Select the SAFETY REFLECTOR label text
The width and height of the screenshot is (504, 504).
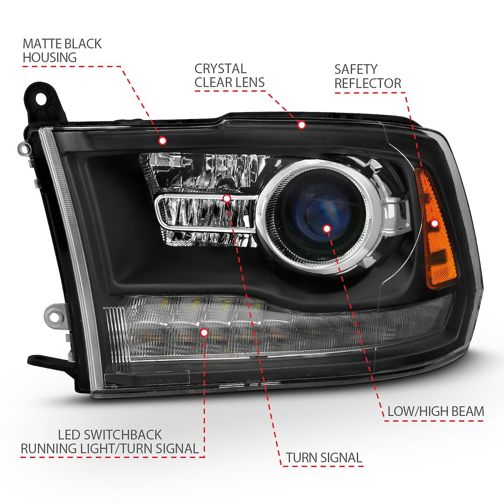pos(367,77)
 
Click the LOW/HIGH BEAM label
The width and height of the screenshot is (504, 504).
pos(435,411)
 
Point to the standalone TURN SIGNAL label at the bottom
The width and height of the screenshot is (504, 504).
pos(324,458)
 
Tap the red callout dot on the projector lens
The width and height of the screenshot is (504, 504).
pos(327,228)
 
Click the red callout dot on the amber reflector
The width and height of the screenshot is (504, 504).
pos(434,224)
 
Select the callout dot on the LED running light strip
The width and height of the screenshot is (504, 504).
pos(204,332)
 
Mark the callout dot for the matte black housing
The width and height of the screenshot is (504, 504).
pos(162,140)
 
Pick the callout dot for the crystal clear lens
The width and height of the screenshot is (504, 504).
pos(301,125)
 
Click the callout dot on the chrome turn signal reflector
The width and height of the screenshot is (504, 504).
pos(227,199)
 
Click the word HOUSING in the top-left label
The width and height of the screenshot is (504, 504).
pos(49,58)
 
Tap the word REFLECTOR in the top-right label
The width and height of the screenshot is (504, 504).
pos(367,84)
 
